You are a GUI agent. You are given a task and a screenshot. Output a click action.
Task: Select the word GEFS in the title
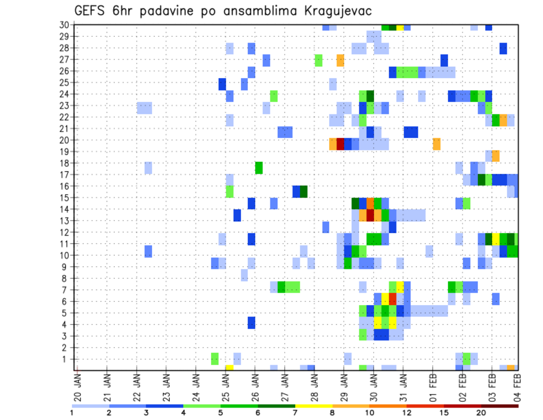click(x=92, y=11)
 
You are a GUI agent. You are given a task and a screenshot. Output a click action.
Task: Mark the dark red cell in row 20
click(x=341, y=144)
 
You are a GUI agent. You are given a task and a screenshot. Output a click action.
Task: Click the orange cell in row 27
click(x=341, y=60)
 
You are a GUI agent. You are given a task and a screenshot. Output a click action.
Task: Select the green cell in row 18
click(x=259, y=168)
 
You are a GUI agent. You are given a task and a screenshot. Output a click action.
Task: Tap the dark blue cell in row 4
click(x=251, y=323)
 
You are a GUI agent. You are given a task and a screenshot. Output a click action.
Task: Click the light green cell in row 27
click(x=318, y=60)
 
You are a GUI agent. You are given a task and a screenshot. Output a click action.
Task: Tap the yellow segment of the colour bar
click(x=313, y=406)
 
